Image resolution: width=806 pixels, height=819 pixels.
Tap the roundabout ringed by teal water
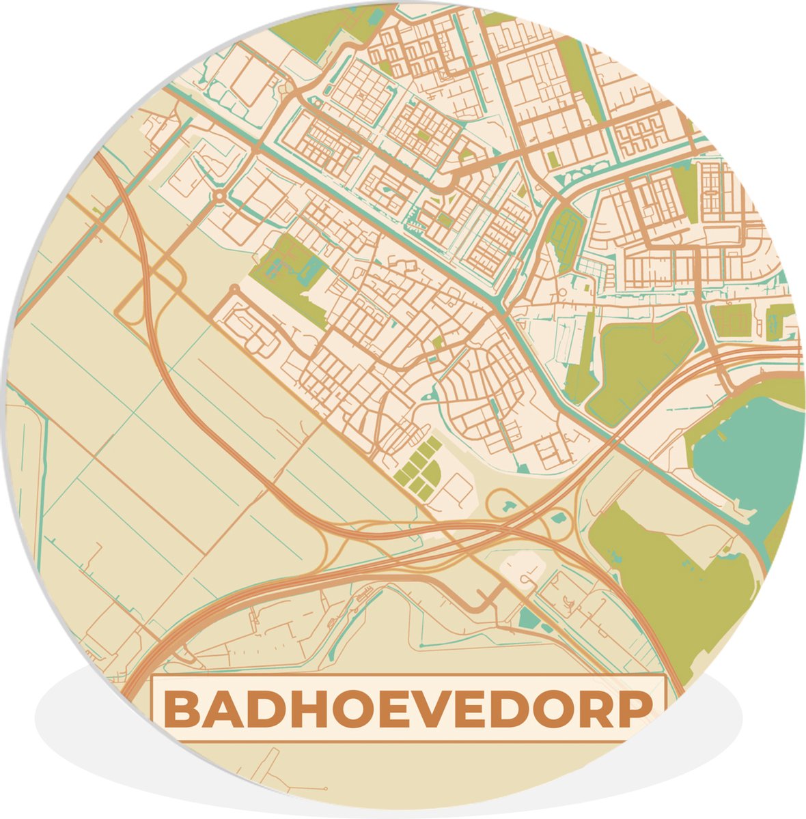219,197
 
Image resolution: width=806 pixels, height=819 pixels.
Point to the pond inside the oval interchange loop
508,506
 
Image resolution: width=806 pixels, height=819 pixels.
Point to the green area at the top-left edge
314,27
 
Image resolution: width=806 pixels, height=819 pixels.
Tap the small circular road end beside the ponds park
235,289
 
